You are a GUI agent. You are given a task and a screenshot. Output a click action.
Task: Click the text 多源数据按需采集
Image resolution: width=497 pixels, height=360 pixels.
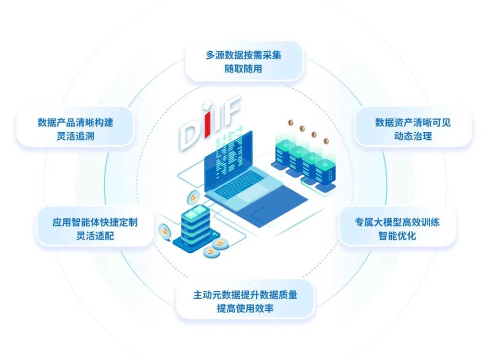pos(243,55)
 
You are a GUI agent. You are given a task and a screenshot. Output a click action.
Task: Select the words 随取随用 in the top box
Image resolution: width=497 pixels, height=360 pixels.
pos(243,69)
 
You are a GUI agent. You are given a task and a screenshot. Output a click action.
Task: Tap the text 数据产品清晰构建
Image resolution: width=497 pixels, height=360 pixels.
pos(75,123)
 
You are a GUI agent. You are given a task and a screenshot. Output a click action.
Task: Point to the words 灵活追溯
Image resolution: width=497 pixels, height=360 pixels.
pos(75,136)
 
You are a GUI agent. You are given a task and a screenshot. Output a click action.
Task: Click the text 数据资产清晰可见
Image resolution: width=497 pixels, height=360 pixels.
pos(413,123)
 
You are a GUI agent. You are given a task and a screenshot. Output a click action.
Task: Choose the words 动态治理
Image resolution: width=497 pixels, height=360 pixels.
pos(413,136)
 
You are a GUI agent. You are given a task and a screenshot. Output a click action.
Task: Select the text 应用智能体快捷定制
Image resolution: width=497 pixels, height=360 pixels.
pos(95,222)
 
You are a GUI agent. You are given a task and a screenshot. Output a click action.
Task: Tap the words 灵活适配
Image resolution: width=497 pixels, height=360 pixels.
pos(95,236)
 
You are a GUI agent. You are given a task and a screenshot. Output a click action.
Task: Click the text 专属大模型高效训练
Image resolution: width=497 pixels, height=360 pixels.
pos(397,222)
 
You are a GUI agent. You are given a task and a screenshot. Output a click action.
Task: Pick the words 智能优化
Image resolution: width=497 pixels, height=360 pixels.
pos(397,236)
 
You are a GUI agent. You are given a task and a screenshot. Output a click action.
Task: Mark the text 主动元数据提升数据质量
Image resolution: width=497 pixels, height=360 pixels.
pos(245,296)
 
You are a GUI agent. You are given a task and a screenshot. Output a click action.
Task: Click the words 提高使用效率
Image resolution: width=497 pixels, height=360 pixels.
pos(245,309)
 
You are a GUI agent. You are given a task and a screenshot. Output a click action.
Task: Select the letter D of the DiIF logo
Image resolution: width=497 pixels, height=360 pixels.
pos(189,132)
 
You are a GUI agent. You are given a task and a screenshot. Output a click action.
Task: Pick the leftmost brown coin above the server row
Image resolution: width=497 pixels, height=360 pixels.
pos(290,123)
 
